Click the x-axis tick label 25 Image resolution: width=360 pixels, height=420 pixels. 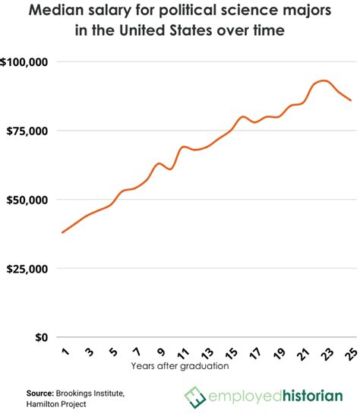pyautogui.click(x=353, y=352)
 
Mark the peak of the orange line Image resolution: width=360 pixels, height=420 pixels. pyautogui.click(x=324, y=81)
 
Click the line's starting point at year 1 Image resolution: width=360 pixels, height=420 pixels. pyautogui.click(x=62, y=232)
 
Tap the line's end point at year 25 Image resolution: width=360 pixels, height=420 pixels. pyautogui.click(x=351, y=100)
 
